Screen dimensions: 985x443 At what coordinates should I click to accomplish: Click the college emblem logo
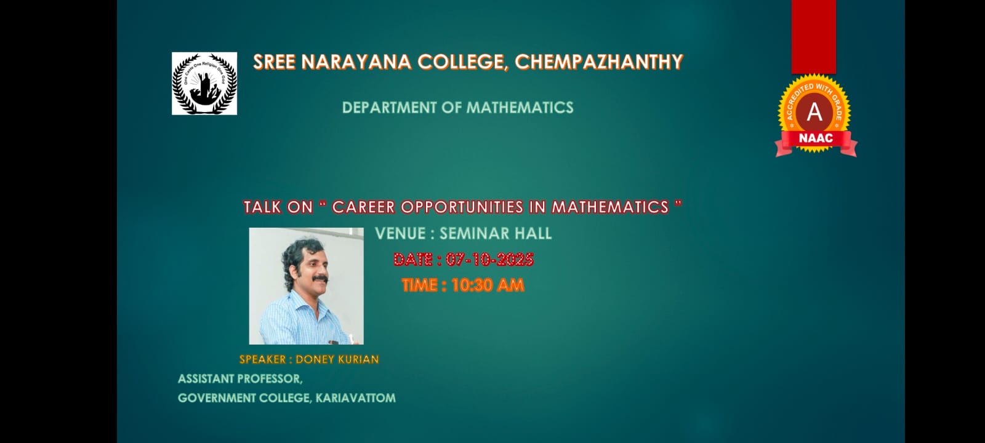[204, 84]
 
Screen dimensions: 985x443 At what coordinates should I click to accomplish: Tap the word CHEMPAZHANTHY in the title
[599, 62]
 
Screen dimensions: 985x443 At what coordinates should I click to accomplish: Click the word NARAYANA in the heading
[356, 62]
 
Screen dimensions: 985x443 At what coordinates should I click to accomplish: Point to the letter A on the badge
[814, 112]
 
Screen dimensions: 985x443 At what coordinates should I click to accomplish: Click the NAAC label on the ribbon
[816, 138]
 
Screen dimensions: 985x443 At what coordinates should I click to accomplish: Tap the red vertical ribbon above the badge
[814, 37]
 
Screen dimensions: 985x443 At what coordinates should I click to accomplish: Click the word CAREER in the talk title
[363, 207]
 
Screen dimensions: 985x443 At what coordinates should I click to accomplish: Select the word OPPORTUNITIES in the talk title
[462, 207]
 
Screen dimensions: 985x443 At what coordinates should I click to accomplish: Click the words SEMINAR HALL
[496, 233]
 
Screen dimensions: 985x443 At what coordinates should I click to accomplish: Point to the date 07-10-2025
[490, 259]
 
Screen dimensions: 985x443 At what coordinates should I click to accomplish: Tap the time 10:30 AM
[488, 285]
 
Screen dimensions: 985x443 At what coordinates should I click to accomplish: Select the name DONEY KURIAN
[337, 359]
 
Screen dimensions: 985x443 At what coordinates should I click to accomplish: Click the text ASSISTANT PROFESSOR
[240, 379]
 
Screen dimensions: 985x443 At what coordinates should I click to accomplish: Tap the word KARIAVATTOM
[355, 398]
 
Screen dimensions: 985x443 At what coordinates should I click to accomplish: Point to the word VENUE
[400, 233]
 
